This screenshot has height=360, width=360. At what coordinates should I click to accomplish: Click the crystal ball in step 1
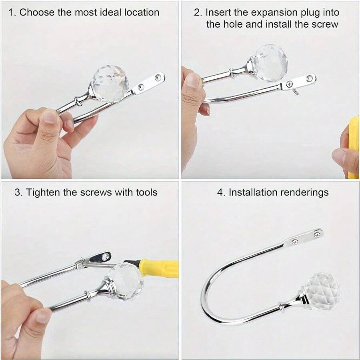coord(110,84)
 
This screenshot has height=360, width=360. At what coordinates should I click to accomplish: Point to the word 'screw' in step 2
coord(325,24)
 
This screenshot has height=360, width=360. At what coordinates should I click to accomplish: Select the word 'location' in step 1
coord(142,12)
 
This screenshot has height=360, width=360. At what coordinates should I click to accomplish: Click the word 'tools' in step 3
coord(146,192)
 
